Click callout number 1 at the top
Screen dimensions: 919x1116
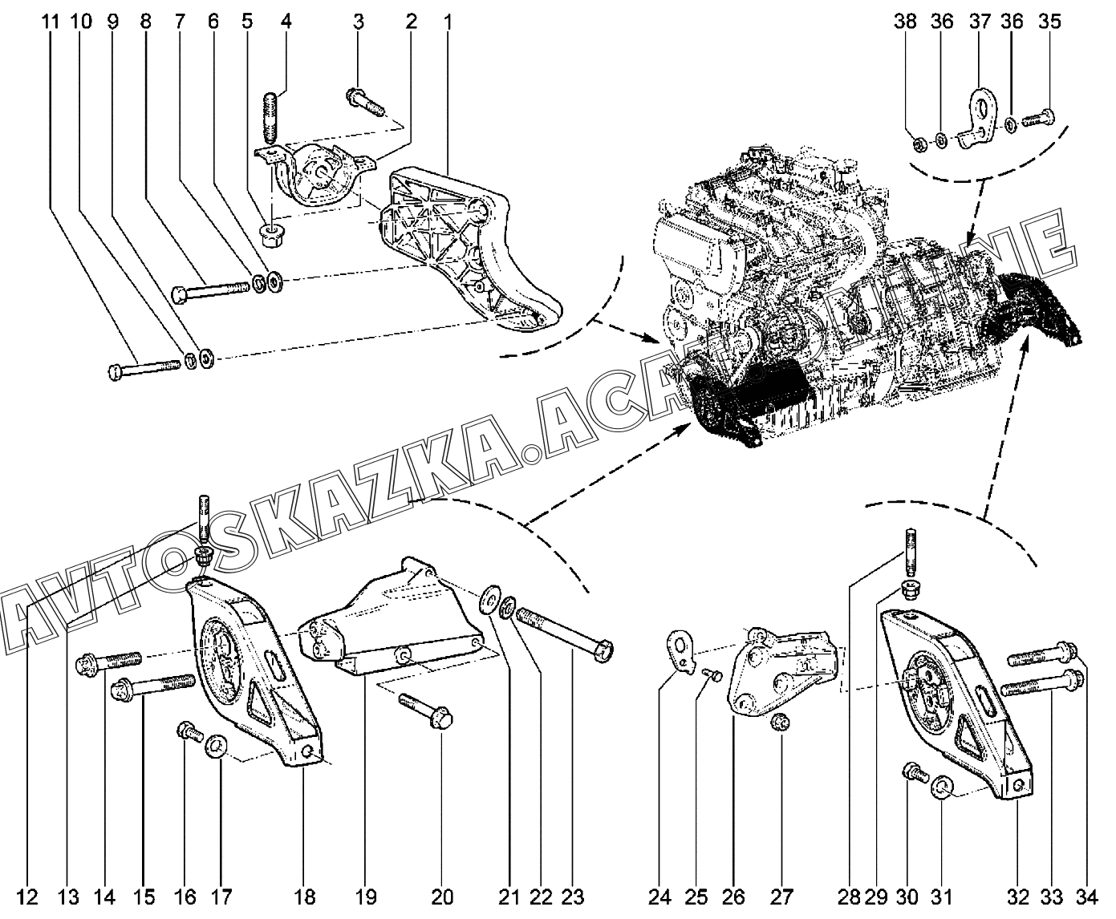click(x=447, y=22)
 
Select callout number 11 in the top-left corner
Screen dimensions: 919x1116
click(x=51, y=22)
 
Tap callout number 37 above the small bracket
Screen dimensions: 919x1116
click(x=979, y=22)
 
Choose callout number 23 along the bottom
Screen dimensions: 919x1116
click(x=572, y=896)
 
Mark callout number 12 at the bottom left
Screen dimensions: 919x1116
click(x=27, y=896)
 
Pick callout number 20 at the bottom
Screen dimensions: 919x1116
click(x=443, y=896)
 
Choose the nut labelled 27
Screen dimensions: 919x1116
click(x=777, y=724)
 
